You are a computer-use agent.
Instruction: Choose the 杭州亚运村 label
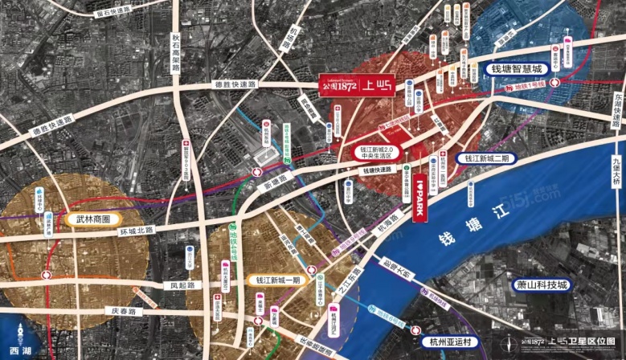pyautogui.click(x=448, y=341)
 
